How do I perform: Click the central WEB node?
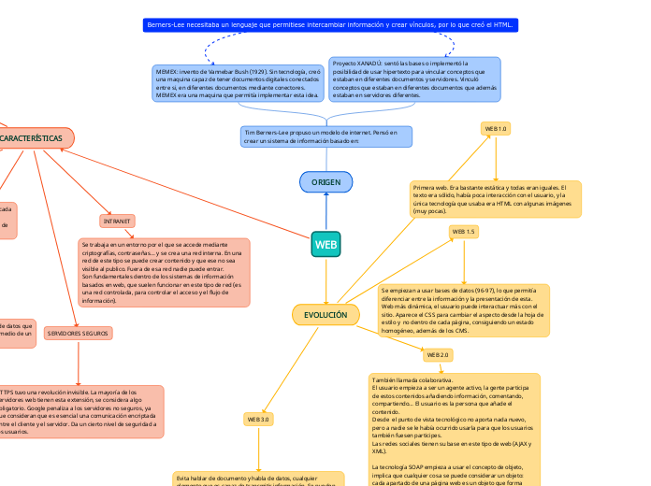click(x=325, y=245)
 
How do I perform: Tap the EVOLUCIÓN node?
click(x=325, y=315)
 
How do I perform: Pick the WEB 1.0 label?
click(x=495, y=128)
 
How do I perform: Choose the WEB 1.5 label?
click(x=464, y=231)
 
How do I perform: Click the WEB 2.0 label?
click(x=438, y=355)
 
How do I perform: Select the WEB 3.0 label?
click(x=258, y=420)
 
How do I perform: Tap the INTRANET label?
click(x=117, y=221)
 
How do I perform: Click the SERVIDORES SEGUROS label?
click(x=79, y=333)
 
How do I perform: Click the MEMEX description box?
click(x=239, y=83)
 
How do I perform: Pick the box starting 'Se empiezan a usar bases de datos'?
click(x=464, y=310)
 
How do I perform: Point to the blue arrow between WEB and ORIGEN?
click(x=325, y=211)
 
